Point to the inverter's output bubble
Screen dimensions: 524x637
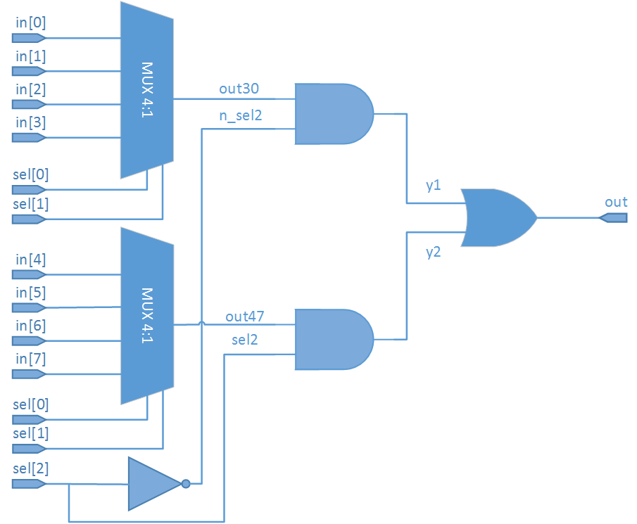click(186, 484)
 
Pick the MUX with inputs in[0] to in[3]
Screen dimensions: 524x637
click(147, 89)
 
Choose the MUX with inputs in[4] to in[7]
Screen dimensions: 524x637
click(147, 316)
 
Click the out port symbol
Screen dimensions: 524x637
click(613, 218)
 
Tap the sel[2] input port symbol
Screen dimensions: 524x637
click(29, 484)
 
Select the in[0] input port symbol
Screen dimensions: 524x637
click(29, 38)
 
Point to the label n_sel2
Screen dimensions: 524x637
click(241, 115)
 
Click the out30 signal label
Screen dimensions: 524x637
click(239, 89)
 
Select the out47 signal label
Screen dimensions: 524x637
click(244, 316)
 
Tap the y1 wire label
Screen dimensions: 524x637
click(433, 186)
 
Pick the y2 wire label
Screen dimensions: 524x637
click(433, 252)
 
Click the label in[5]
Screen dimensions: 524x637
click(30, 292)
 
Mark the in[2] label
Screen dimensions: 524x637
click(30, 89)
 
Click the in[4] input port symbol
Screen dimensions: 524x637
click(29, 274)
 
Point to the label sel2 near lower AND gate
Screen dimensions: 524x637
click(244, 340)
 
